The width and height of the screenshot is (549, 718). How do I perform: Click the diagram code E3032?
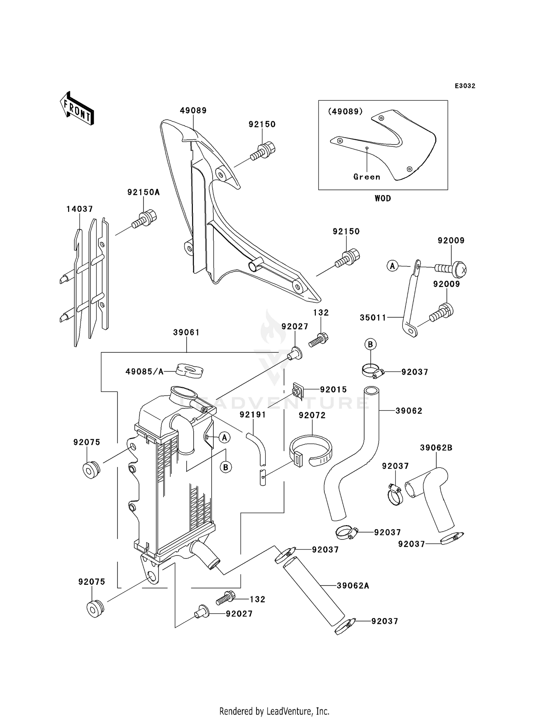465,86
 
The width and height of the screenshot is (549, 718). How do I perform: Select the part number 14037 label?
79,209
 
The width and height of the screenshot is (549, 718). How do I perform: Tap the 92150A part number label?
143,192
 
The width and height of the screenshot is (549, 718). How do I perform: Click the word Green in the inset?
367,177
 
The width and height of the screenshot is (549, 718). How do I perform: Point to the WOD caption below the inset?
383,198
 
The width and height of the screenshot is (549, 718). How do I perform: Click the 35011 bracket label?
373,318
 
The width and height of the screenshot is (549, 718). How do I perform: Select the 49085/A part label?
144,371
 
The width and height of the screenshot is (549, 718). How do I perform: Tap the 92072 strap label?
312,415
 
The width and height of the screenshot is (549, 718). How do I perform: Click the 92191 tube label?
253,415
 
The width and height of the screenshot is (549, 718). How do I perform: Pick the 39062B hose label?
436,448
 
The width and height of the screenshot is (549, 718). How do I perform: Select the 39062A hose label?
353,586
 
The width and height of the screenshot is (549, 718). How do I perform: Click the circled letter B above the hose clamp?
370,344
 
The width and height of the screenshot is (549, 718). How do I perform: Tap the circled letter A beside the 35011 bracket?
392,266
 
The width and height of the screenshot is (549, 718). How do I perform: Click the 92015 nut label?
333,389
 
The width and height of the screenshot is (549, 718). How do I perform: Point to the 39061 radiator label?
186,332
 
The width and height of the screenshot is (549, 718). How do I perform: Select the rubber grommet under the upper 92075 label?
91,470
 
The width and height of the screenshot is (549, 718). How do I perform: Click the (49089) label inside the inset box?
345,111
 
